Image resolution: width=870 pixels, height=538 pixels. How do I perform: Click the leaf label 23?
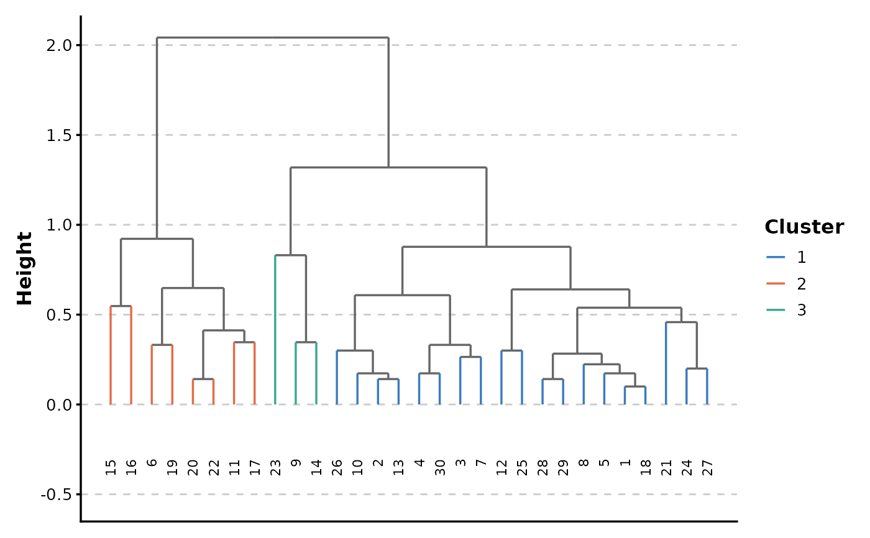(275, 467)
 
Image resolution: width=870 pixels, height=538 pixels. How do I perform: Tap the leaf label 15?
(111, 467)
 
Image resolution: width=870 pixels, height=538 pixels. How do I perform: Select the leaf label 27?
(707, 467)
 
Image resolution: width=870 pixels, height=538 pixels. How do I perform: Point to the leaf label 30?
(439, 467)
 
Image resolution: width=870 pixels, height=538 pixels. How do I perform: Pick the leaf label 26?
(337, 467)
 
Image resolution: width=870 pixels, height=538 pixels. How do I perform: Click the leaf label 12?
(501, 467)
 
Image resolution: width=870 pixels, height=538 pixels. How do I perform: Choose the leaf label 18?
(645, 467)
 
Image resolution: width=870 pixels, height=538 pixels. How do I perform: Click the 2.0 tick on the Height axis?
(60, 45)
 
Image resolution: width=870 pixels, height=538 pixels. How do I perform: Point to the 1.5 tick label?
(60, 135)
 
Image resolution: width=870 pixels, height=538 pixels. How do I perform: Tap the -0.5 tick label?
(58, 495)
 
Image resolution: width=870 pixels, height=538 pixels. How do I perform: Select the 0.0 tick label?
(60, 404)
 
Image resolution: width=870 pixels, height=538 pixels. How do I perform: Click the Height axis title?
(25, 268)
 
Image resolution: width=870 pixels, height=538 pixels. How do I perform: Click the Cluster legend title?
(804, 227)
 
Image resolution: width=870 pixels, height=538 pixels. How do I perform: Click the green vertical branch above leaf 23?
(275, 329)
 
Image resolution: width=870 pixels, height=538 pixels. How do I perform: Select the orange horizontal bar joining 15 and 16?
(121, 306)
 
